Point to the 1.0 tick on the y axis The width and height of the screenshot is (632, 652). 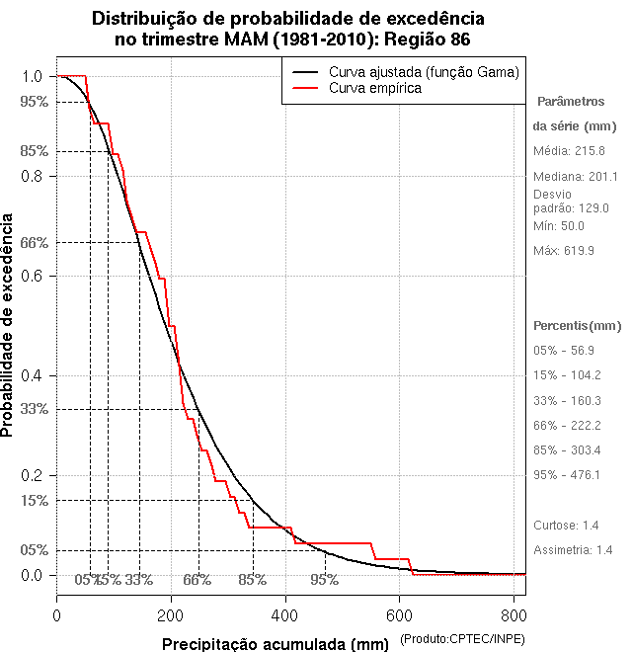[31, 76]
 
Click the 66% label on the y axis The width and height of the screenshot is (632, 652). [34, 242]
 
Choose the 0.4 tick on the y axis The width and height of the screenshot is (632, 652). [31, 375]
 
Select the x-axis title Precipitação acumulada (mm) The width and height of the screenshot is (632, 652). [276, 644]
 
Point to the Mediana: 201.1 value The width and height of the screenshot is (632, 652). [575, 176]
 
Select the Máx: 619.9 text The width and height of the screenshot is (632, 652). [564, 251]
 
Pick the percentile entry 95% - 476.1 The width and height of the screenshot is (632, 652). [567, 475]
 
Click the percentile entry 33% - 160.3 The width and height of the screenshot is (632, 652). [567, 401]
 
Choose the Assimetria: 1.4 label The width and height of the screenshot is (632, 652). [574, 549]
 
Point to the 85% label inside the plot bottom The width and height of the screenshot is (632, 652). [253, 580]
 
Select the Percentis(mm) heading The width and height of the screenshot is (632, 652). [578, 325]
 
